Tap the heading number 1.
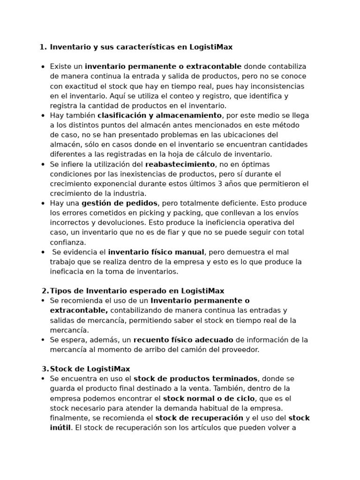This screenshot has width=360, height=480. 43,47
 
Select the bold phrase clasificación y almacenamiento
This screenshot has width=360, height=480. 159,115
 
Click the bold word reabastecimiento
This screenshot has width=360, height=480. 180,164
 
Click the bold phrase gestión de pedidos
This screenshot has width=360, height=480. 120,203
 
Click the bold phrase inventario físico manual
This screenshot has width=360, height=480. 156,252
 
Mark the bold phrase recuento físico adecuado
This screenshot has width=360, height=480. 183,340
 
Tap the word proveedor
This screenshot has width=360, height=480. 239,350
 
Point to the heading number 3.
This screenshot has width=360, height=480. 45,369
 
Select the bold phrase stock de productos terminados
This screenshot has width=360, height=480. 195,379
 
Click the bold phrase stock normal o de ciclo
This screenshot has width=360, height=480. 209,398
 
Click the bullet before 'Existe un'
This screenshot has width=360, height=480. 43,67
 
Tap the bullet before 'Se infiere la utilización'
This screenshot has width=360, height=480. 43,165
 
